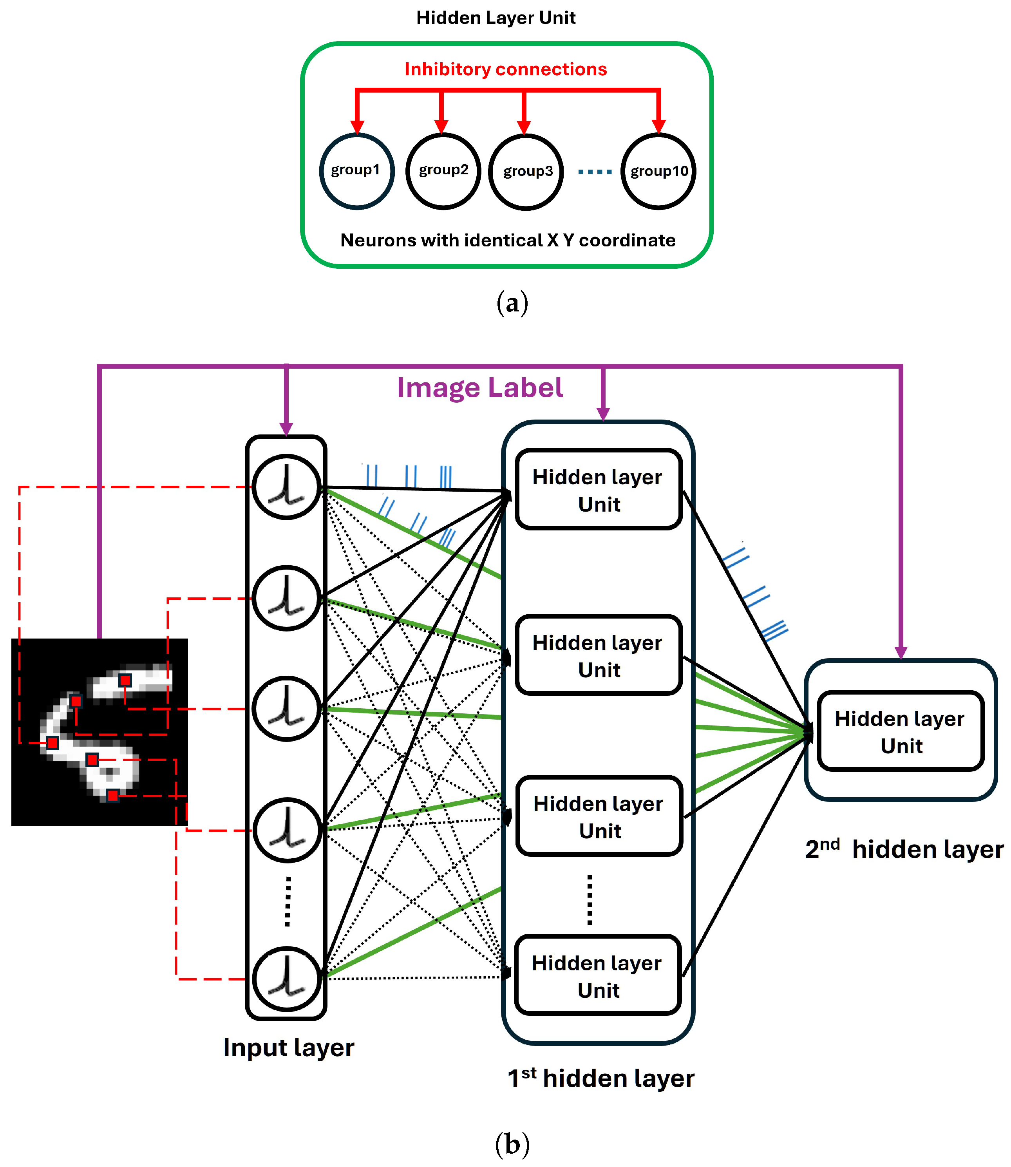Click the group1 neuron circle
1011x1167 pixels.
356,171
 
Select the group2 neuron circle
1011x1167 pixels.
443,171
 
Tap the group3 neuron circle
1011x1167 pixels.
526,172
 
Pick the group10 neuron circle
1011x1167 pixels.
658,172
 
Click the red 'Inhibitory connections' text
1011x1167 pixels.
505,69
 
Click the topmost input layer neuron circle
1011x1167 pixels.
287,487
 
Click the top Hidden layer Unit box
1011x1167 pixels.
599,489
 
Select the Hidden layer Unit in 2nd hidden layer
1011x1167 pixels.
901,731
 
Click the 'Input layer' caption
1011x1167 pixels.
288,1048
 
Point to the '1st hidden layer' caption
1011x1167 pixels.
601,1078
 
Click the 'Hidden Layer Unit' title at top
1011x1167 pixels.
496,18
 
